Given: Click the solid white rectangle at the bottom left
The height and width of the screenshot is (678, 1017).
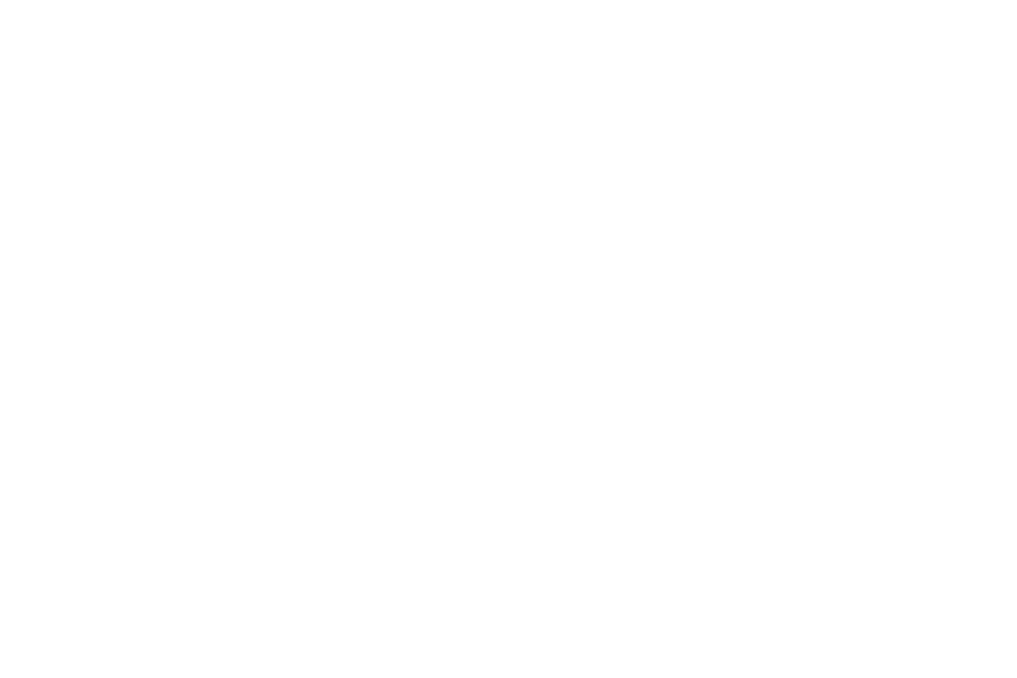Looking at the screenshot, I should pos(229,544).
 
